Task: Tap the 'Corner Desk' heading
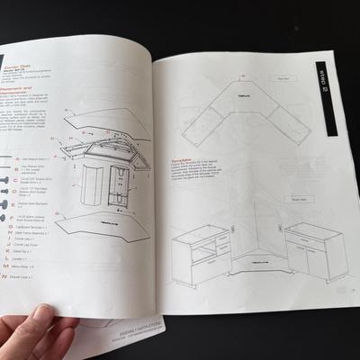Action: tap(28, 66)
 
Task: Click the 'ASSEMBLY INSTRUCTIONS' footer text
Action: tap(117, 337)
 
